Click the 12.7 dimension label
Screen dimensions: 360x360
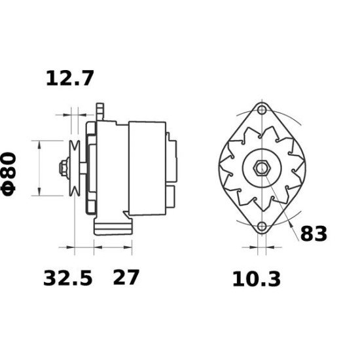point(70,79)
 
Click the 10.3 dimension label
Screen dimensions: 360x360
point(256,279)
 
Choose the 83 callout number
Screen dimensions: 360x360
point(314,233)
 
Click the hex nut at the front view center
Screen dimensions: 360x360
point(262,168)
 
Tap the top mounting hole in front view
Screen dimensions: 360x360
point(262,109)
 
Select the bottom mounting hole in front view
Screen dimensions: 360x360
point(262,227)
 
